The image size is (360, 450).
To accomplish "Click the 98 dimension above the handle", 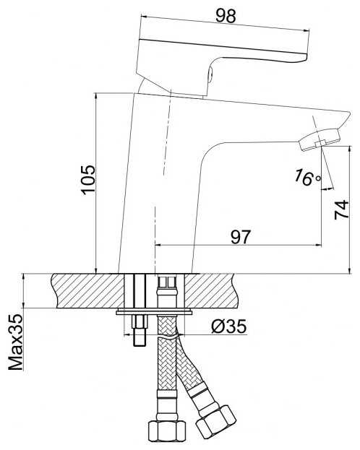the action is coord(226,16).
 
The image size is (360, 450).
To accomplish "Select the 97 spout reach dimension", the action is coord(241,237).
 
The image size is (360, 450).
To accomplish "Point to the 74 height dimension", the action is coord(342,210).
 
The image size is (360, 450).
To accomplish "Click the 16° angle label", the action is coord(307,178).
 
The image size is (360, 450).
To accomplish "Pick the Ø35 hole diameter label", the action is coord(229,326).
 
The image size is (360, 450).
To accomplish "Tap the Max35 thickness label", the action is coord(16,342).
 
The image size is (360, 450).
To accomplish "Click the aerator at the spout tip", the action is coord(320,140).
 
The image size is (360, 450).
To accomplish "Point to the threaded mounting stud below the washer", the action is coord(139,330).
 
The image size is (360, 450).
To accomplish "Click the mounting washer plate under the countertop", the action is coord(154,312).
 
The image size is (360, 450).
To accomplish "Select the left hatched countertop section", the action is coord(88,290).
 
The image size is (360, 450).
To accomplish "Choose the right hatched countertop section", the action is coord(211,290).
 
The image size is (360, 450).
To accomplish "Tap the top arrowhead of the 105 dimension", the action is coord(96,96).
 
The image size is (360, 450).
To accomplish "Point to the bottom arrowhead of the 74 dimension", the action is coord(349,270).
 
